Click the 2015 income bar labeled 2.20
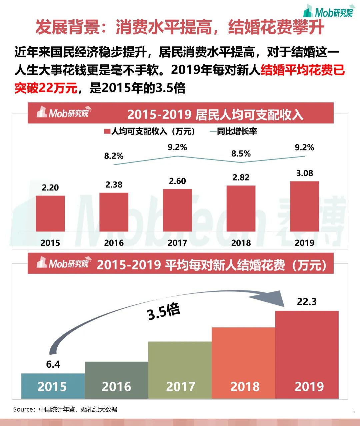(50, 213)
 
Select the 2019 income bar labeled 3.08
(304, 207)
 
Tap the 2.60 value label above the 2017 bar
(177, 181)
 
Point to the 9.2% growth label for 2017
(177, 147)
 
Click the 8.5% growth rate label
(241, 154)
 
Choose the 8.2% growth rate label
(114, 156)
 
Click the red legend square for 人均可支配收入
(107, 131)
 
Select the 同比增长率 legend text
(237, 131)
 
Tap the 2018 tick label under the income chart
(241, 242)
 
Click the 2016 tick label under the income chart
(114, 242)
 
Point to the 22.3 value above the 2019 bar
(307, 302)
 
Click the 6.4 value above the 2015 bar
(53, 364)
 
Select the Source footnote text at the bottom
(65, 409)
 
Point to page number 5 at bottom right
(353, 412)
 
